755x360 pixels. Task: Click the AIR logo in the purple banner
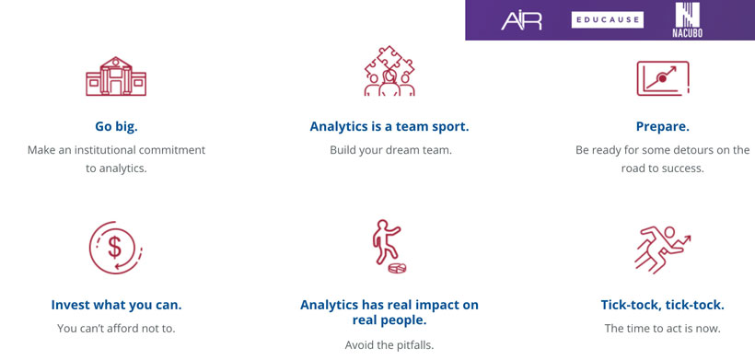point(521,20)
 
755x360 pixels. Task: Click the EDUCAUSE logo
point(607,19)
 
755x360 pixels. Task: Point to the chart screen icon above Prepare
point(662,78)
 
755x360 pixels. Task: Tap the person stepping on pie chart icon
point(389,248)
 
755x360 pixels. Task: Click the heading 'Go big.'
point(116,127)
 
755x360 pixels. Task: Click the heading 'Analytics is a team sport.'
point(389,127)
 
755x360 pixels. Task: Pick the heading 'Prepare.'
point(662,127)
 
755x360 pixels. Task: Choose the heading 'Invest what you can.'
point(116,305)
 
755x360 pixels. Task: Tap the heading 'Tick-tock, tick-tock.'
point(662,305)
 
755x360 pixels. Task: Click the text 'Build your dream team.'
point(390,150)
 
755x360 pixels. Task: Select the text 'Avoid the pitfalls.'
point(389,345)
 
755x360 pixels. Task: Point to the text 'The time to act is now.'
point(662,328)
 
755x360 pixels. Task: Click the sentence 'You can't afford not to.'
point(116,328)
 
